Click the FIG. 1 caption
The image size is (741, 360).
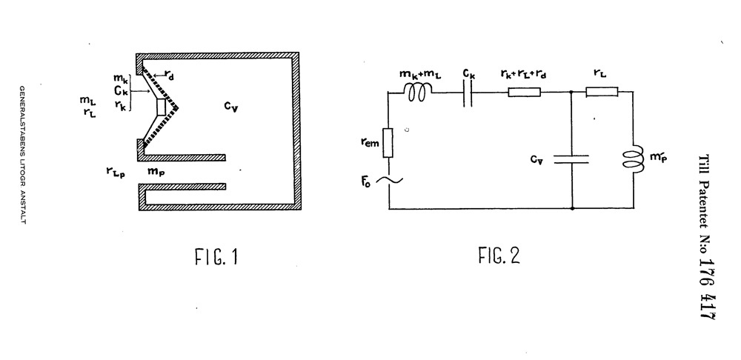(216, 257)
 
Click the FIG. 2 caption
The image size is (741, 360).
(499, 256)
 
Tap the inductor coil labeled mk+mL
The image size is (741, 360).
(418, 92)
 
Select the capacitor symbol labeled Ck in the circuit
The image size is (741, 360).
(468, 92)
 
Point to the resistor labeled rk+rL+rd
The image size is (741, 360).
(524, 92)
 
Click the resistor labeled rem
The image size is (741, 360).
(388, 143)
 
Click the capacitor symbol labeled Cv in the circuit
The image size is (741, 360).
(571, 159)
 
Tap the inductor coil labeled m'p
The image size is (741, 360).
(634, 156)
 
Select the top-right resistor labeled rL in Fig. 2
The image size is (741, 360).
(602, 92)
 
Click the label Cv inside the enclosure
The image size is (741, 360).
(230, 107)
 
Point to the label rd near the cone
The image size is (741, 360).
(169, 75)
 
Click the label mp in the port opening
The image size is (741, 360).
(156, 172)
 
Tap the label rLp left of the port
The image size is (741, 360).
(116, 172)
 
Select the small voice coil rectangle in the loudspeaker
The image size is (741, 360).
(162, 107)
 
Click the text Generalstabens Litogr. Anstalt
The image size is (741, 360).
(22, 155)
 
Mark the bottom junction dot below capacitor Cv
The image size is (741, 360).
(572, 208)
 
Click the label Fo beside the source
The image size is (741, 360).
(366, 181)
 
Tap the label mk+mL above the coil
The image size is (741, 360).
(420, 75)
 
